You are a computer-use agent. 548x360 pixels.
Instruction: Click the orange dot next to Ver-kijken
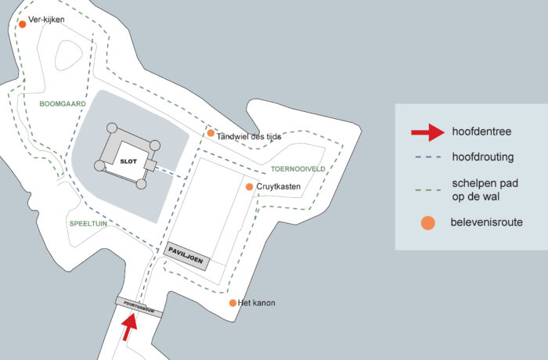(x=23, y=24)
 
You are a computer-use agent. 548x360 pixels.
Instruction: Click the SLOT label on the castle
(x=128, y=160)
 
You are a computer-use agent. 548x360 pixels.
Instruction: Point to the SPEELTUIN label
(x=88, y=223)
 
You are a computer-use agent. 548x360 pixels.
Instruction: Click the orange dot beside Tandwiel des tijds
(x=211, y=133)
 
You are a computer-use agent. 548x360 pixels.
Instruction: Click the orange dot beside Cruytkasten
(x=249, y=187)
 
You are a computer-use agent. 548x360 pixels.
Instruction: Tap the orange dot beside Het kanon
(x=233, y=303)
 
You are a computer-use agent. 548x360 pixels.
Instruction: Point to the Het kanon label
(x=258, y=303)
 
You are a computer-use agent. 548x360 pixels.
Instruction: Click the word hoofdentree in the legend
(x=481, y=131)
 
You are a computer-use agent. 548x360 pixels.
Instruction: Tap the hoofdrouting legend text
(x=482, y=157)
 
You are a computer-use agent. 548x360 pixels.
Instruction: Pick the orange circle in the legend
(x=427, y=223)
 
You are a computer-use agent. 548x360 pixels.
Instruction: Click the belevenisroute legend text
(x=487, y=223)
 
